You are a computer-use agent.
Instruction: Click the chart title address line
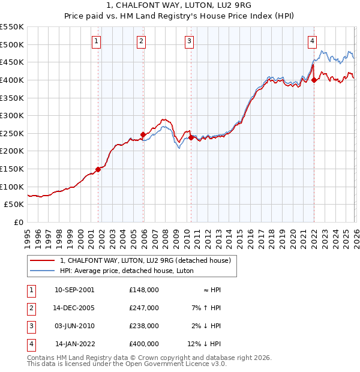coord(180,5)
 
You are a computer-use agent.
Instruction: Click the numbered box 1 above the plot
coord(97,41)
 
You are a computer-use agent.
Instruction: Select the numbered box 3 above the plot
coord(189,41)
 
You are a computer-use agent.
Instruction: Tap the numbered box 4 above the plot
coord(313,41)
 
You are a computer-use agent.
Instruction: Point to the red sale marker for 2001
coord(98,169)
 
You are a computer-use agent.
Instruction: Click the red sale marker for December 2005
coord(143,134)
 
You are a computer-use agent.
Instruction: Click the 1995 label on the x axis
coord(27,234)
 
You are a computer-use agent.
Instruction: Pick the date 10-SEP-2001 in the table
coord(74,290)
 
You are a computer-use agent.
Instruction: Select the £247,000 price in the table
coord(144,308)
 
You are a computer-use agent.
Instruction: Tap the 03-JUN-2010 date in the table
coord(74,326)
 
